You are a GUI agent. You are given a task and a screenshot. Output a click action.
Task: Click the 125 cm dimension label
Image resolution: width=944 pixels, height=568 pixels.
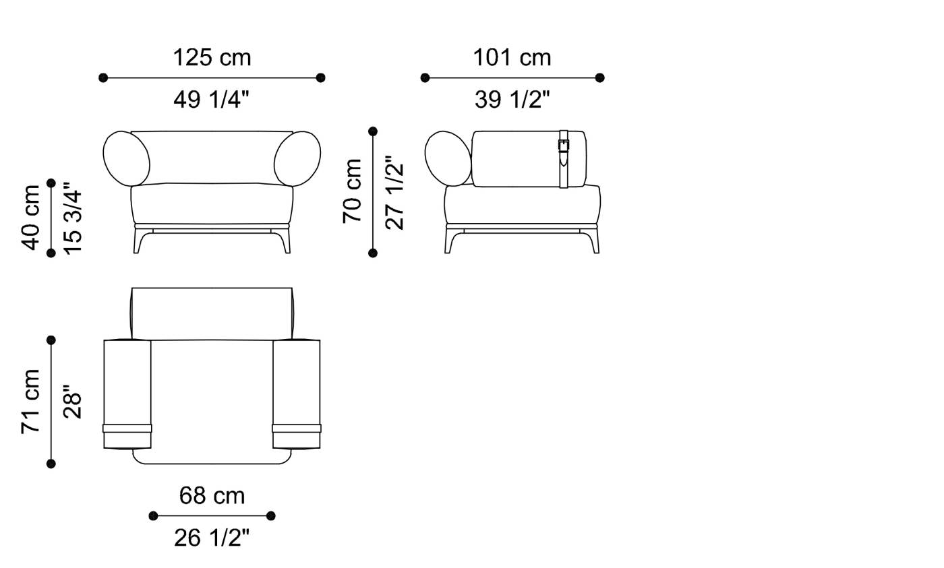tap(212, 58)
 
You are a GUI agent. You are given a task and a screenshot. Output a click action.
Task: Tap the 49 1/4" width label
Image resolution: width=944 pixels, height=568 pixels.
tap(212, 100)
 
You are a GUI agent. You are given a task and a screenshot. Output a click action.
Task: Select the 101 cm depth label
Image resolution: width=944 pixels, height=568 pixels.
tap(512, 58)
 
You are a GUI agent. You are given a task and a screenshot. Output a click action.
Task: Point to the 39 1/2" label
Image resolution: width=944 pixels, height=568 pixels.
tap(512, 100)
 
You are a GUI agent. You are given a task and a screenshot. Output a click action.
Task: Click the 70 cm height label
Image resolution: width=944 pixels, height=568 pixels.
tap(352, 191)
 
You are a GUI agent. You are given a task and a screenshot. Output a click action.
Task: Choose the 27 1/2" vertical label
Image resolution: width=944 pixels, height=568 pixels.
tap(394, 193)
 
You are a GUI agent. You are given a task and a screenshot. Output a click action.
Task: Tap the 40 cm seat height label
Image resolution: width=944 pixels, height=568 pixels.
tap(30, 218)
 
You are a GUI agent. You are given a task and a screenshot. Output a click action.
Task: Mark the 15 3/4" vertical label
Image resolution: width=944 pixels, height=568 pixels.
tap(73, 218)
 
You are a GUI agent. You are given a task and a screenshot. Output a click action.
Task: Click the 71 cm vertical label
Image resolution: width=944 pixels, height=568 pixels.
tap(30, 402)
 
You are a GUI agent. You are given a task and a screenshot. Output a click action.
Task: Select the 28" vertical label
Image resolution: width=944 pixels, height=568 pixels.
tap(73, 402)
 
